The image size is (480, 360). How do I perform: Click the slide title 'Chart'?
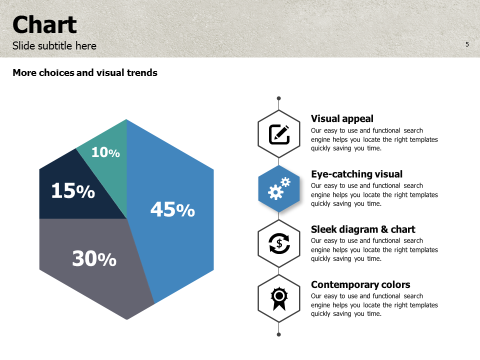[x=44, y=25]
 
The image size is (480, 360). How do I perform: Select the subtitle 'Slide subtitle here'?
[x=54, y=46]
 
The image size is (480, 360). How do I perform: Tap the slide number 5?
[x=467, y=44]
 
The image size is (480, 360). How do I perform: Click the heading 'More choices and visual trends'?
[x=85, y=73]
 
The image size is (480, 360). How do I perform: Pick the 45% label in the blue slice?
[x=172, y=209]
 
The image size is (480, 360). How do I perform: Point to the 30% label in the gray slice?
[x=94, y=258]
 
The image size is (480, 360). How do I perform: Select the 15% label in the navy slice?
[x=73, y=191]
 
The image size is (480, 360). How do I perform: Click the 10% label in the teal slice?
[x=105, y=152]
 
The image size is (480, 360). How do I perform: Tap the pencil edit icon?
[x=279, y=134]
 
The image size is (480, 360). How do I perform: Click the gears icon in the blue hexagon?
[x=279, y=189]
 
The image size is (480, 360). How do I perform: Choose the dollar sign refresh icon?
[x=279, y=244]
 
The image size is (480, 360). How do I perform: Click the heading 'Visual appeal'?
[x=342, y=119]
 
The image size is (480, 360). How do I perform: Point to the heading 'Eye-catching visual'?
[x=356, y=174]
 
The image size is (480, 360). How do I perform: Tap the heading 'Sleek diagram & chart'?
[x=363, y=229]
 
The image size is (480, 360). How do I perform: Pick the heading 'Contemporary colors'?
[x=360, y=285]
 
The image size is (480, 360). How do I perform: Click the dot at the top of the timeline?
[x=279, y=98]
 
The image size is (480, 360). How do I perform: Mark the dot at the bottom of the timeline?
[x=279, y=334]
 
